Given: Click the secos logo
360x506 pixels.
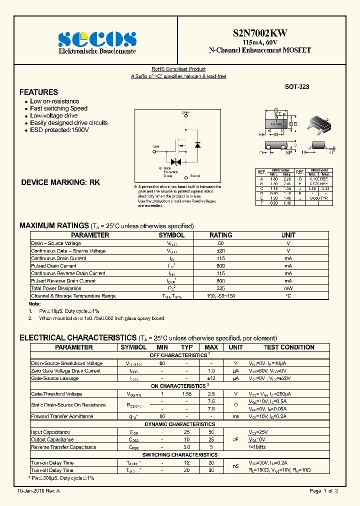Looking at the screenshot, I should [x=97, y=39].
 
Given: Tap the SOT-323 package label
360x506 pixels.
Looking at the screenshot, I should [x=297, y=86].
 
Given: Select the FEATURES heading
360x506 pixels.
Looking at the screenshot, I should [x=38, y=92].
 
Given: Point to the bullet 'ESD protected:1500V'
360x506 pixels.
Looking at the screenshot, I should [x=59, y=130].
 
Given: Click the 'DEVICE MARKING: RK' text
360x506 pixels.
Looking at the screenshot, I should [x=60, y=182].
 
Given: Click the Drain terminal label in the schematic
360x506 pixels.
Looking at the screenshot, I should [x=186, y=112].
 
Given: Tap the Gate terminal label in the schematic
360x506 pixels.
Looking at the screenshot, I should [x=156, y=146].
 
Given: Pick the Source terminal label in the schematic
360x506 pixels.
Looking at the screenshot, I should [x=195, y=176].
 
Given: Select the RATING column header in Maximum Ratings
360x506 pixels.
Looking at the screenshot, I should [x=220, y=235].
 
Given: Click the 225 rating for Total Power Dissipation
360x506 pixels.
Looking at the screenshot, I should [x=220, y=288].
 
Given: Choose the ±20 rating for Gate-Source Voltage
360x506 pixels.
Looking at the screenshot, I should [x=220, y=251].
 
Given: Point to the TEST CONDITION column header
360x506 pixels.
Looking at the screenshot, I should [x=288, y=347].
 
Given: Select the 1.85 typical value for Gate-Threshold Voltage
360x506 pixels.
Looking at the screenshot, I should [x=186, y=394].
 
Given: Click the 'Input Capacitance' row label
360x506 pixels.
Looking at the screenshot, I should [x=50, y=432].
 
